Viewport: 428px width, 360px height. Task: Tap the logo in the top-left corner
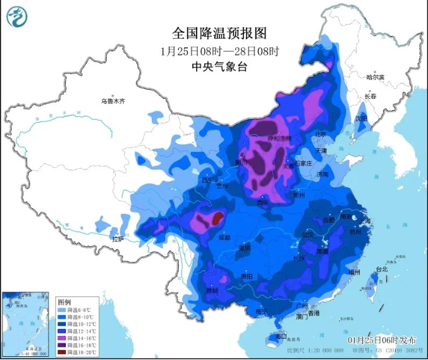click(x=18, y=18)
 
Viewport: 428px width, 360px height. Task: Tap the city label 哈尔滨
click(x=375, y=77)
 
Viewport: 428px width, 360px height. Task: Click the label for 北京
click(x=320, y=135)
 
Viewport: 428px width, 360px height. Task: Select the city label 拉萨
click(x=117, y=239)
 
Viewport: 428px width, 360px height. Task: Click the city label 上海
click(x=367, y=221)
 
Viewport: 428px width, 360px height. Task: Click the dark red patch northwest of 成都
click(x=217, y=219)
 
